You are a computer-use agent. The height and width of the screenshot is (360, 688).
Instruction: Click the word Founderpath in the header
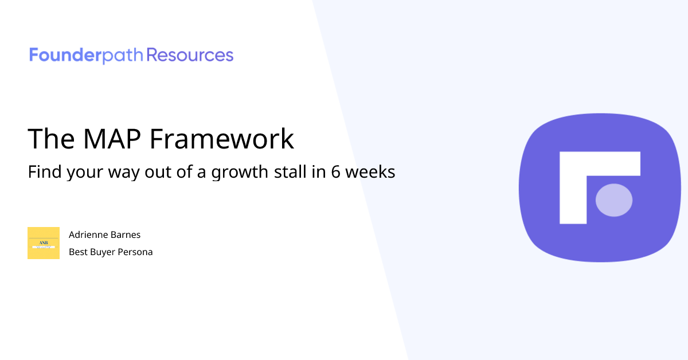coord(87,56)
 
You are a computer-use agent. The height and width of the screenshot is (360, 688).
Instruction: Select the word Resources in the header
coord(190,56)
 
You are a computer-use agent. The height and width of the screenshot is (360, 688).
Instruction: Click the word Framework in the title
coord(223,139)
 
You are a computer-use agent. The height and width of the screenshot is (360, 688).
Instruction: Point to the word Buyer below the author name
coord(102,252)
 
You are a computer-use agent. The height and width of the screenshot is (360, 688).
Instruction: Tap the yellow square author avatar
coord(44,243)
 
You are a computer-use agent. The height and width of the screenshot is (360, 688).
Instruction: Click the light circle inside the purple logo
coord(614,200)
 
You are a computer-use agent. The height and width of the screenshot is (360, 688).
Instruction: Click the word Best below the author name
coord(78,252)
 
